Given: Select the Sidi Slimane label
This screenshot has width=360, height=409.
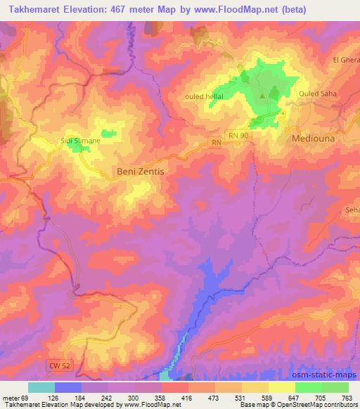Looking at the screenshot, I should click(x=81, y=141).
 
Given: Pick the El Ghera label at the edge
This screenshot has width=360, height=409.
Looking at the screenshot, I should click(x=346, y=60).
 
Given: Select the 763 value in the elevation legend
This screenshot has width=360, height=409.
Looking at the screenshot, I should click(x=346, y=397).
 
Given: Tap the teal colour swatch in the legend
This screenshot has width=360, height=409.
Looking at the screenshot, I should click(x=41, y=387).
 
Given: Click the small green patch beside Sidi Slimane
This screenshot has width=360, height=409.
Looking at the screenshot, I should click(x=109, y=132).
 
